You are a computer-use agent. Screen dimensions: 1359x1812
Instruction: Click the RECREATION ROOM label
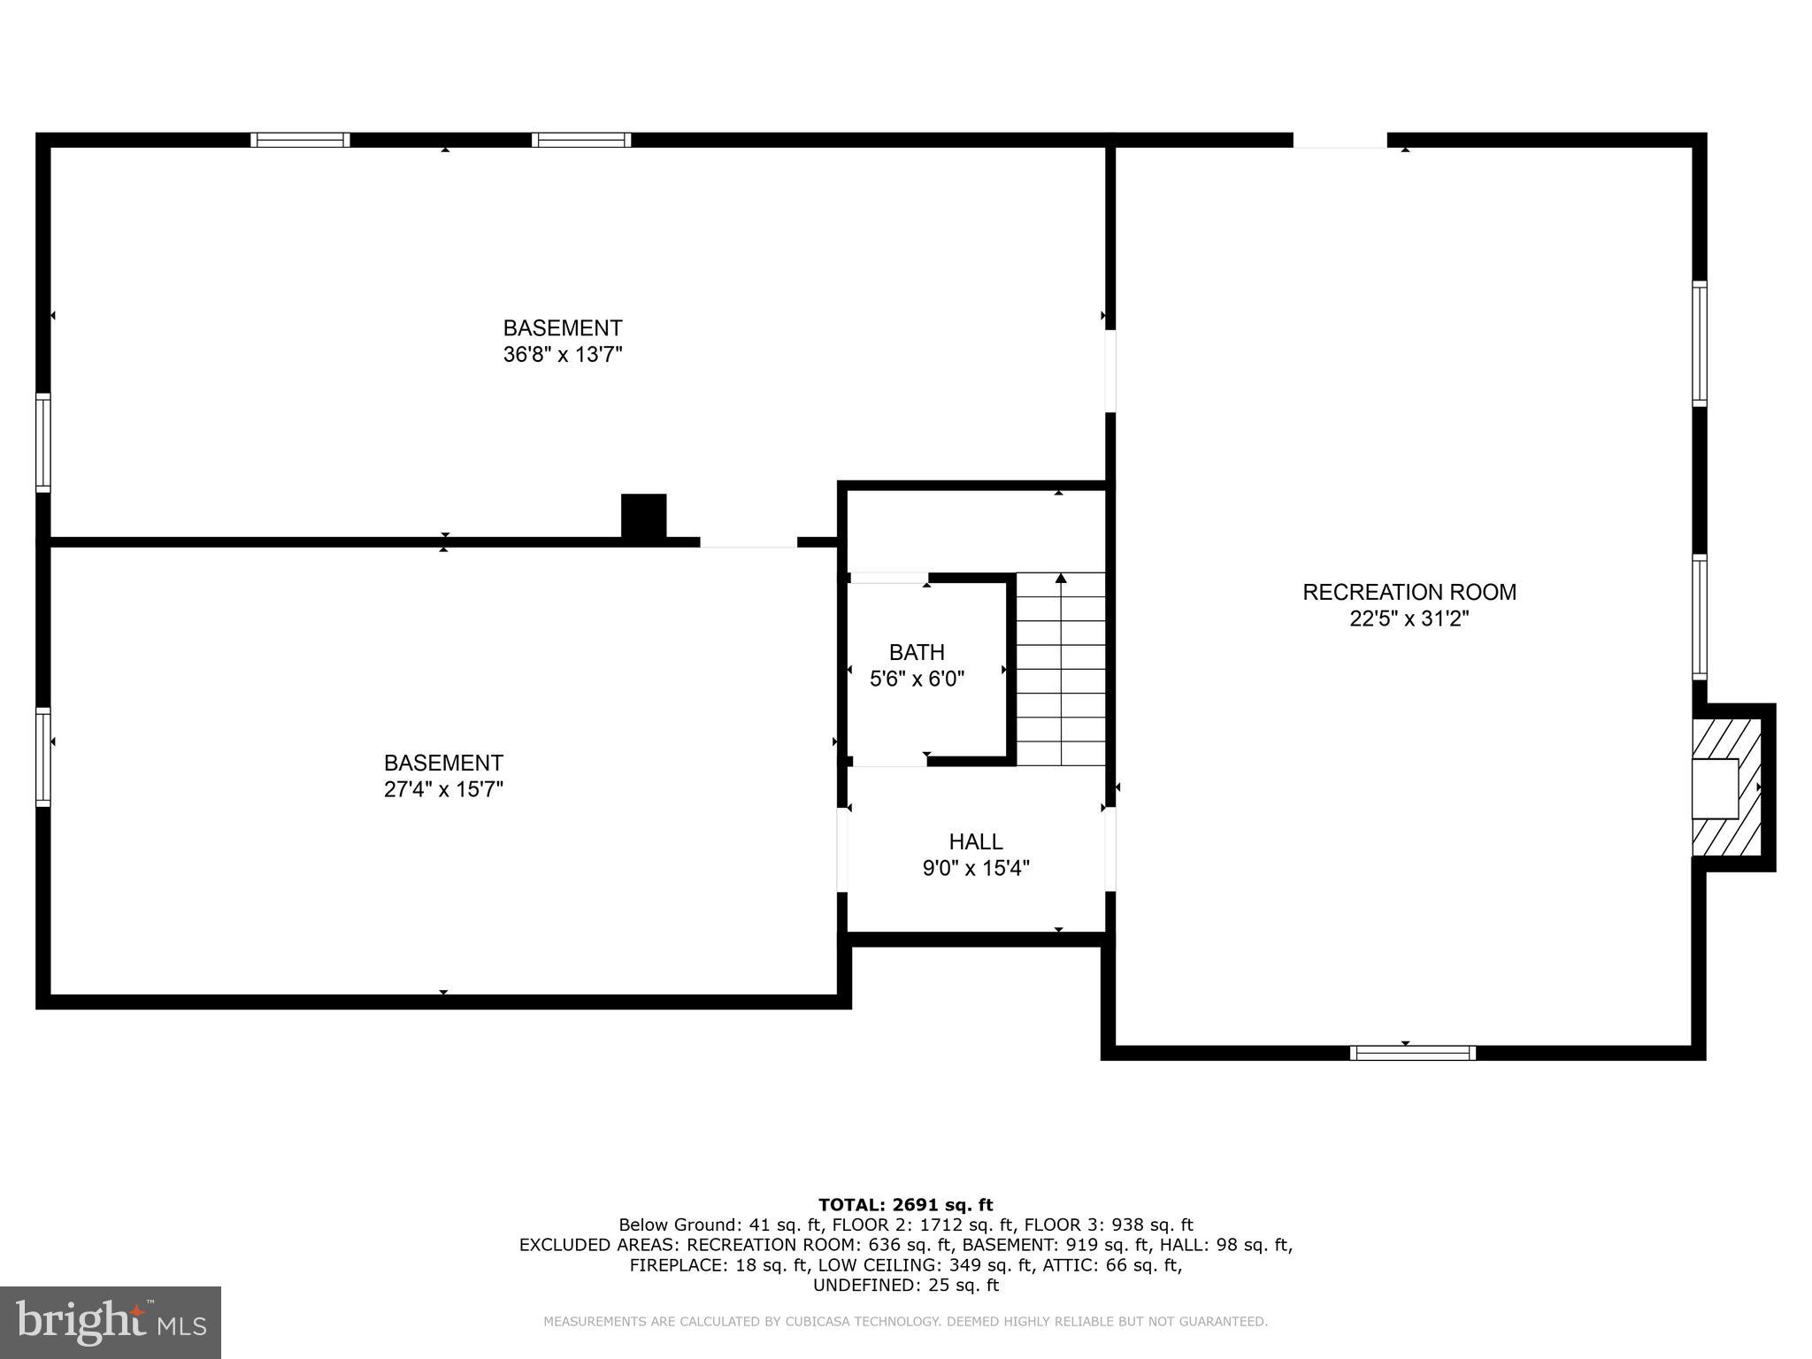tap(1409, 592)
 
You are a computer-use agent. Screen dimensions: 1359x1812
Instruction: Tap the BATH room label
tap(917, 652)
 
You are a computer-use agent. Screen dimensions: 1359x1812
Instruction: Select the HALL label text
tap(976, 841)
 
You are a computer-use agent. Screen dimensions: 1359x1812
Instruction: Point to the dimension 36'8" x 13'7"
tap(563, 355)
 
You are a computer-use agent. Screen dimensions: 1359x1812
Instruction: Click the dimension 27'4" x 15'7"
tap(443, 789)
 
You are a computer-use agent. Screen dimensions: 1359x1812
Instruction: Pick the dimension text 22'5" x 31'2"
tap(1409, 618)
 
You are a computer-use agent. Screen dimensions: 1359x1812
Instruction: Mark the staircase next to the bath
tap(1061, 670)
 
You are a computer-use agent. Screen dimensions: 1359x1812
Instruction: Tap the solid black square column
tap(643, 516)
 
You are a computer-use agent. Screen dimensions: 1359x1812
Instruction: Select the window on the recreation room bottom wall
tap(1413, 1052)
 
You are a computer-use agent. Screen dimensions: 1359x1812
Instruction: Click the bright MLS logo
tap(111, 1322)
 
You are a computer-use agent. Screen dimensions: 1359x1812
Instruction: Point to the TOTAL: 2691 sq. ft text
tap(905, 1204)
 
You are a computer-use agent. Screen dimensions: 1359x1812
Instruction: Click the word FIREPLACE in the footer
tap(679, 1264)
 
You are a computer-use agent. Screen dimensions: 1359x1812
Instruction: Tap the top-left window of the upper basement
tap(300, 140)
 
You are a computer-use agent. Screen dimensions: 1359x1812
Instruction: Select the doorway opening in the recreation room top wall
tap(1340, 140)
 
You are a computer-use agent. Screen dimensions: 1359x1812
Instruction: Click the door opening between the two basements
tap(749, 542)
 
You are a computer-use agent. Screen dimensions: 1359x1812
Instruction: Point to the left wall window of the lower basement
tap(42, 756)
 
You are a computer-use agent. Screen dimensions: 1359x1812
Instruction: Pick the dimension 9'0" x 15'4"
tap(976, 868)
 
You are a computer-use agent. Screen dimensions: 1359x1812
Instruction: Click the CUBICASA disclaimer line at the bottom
tap(905, 1322)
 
